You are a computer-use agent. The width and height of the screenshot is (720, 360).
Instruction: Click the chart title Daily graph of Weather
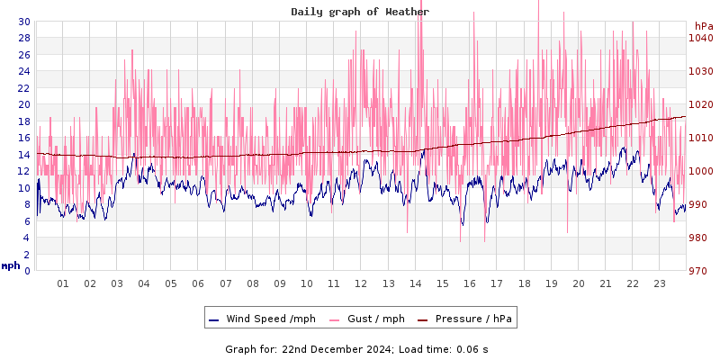point(360,12)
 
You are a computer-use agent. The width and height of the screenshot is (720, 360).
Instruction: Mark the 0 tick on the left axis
point(26,271)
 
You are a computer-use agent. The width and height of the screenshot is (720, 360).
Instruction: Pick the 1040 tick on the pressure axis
point(701,38)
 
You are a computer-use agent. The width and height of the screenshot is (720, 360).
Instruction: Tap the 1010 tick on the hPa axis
point(701,138)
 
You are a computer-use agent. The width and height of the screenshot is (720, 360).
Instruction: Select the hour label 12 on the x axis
point(361,283)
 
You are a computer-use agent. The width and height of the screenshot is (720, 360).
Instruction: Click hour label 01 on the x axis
point(63,283)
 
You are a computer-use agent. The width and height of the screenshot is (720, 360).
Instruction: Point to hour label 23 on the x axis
point(659,283)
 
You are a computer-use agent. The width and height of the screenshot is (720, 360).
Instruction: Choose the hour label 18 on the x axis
point(524,283)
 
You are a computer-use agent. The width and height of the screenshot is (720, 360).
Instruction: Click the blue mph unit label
point(11,265)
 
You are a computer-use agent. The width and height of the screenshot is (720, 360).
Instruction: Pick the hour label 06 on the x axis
point(198,283)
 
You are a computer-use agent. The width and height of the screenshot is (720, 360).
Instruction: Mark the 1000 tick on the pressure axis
point(701,171)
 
